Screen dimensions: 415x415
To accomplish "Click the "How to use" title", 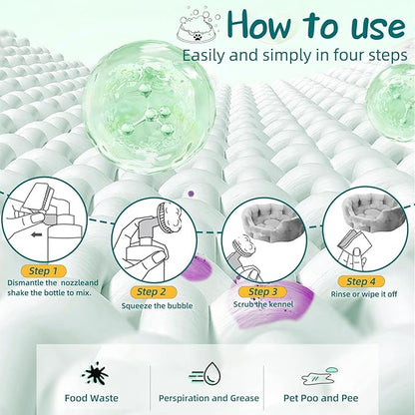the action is tap(316, 24).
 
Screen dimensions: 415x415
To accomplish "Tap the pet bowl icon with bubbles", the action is tap(199, 27).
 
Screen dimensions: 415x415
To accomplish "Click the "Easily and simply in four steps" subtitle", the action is tap(294, 55).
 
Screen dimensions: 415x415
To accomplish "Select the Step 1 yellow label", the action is tap(43, 271).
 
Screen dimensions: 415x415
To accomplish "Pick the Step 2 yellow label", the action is tap(152, 292).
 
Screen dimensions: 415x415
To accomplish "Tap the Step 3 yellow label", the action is tap(262, 292).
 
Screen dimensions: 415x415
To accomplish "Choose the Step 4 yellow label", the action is tap(361, 282).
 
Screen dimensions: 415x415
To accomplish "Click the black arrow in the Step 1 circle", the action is tap(36, 235).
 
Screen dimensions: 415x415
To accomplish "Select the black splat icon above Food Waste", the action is tap(96, 374).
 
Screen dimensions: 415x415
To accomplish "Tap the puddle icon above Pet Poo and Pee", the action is tap(319, 376).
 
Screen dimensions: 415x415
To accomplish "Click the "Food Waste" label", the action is tap(92, 398).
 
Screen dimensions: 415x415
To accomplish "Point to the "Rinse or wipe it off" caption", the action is tap(364, 294).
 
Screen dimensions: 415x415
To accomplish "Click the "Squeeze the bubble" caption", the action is tap(157, 305).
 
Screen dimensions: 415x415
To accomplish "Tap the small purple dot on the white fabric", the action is tap(191, 193).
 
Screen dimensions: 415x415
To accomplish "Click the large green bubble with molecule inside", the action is tap(149, 107).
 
